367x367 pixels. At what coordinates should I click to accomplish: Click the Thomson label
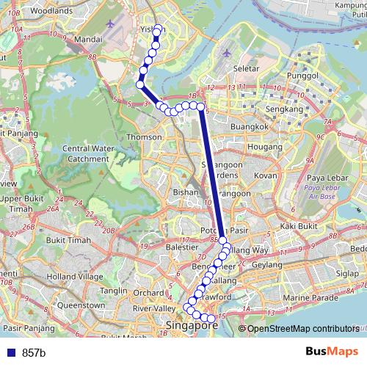click(144, 137)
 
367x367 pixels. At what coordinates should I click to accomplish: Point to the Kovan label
click(265, 176)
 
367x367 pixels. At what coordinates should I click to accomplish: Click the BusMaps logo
click(330, 352)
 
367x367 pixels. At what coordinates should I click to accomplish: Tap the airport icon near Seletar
click(226, 54)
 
